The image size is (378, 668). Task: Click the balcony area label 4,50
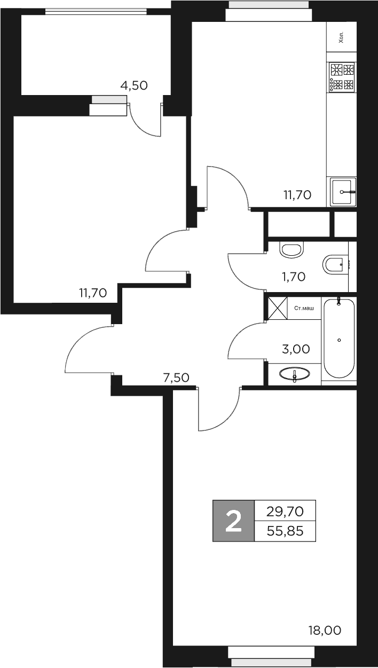click(x=133, y=85)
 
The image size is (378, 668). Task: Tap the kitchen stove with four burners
click(x=342, y=77)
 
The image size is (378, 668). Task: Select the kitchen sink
click(x=342, y=191)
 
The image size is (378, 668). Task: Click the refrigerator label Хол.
click(x=341, y=37)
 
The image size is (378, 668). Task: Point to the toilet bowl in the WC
click(x=334, y=264)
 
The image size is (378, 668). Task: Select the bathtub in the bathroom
click(x=339, y=339)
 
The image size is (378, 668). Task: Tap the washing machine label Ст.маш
click(x=304, y=308)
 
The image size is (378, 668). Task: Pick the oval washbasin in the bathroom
click(x=294, y=374)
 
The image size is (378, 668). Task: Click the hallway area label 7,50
click(x=176, y=378)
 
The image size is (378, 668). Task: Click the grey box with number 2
click(x=233, y=521)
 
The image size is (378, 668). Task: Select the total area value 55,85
click(x=285, y=531)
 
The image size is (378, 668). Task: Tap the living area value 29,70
click(x=285, y=512)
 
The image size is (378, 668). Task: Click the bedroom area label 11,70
click(x=93, y=292)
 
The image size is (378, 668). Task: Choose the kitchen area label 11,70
click(x=297, y=194)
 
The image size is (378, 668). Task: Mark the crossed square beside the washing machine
click(x=277, y=309)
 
